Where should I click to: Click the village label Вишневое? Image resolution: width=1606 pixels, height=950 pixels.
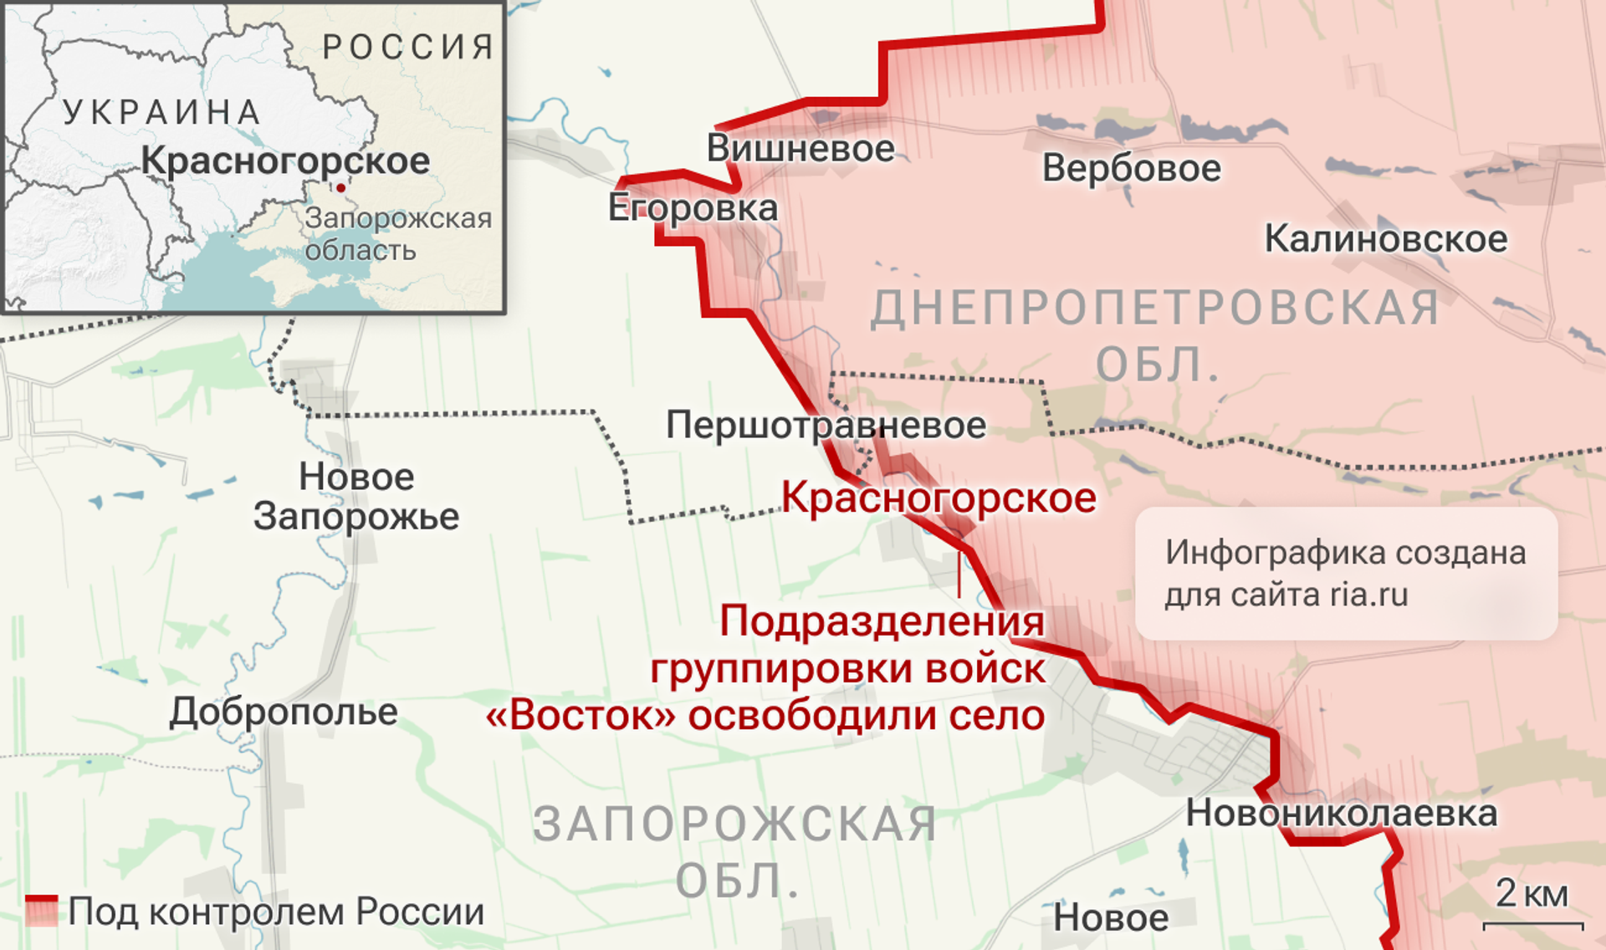(x=800, y=149)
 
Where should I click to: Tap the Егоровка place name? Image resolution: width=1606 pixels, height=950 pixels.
(x=693, y=208)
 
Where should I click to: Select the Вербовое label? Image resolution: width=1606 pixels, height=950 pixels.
(x=1131, y=169)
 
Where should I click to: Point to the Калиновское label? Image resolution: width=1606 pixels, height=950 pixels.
(x=1385, y=239)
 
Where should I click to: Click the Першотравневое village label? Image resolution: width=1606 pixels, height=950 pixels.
(x=826, y=426)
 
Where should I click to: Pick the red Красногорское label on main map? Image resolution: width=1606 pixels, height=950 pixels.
(x=939, y=499)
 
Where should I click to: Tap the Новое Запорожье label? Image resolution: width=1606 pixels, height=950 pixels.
(x=356, y=497)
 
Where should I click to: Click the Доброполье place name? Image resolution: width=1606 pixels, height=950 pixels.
(x=284, y=712)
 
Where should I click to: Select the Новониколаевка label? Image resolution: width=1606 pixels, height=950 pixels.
(x=1341, y=814)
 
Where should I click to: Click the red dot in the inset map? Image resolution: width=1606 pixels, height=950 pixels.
(x=340, y=188)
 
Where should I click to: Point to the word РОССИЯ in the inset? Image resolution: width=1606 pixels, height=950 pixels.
(x=408, y=48)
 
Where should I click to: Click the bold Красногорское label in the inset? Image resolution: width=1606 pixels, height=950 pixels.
(x=285, y=161)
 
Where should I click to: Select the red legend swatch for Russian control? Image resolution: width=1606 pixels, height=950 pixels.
(x=41, y=911)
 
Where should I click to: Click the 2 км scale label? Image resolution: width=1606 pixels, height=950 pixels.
(x=1532, y=894)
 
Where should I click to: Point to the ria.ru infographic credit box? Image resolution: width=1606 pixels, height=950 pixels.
(x=1345, y=574)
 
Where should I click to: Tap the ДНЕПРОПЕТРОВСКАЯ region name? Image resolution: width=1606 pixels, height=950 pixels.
(x=1154, y=309)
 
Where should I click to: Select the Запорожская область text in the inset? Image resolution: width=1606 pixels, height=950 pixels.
(x=397, y=234)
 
